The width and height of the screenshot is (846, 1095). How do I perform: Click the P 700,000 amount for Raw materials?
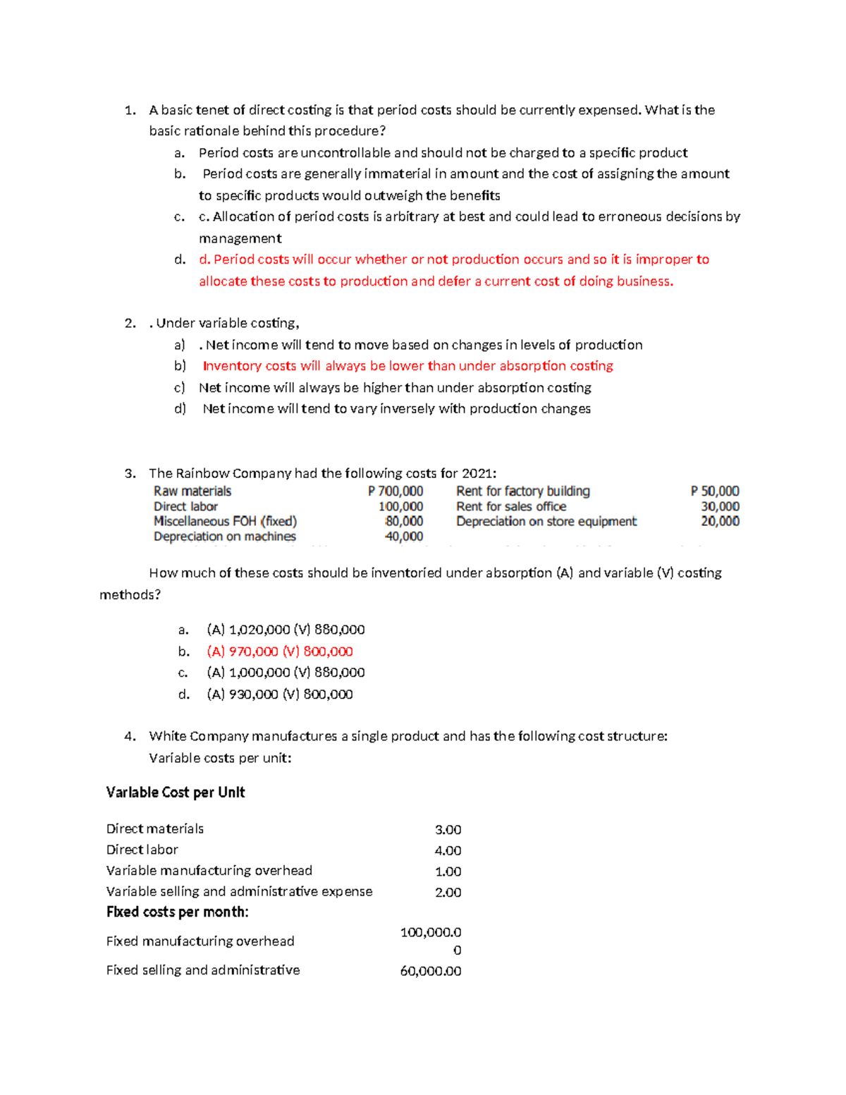coord(396,491)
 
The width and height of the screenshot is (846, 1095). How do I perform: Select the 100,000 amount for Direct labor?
coord(400,506)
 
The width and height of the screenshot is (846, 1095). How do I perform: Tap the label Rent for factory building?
coord(522,491)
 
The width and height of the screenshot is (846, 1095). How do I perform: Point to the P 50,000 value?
coord(715,491)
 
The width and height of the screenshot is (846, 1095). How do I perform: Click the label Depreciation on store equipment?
coord(546,521)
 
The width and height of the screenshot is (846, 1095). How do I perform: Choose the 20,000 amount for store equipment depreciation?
coord(720,521)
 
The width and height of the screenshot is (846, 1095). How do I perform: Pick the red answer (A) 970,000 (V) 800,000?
coord(279,652)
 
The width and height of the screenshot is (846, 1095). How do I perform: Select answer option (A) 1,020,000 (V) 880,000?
coord(286,630)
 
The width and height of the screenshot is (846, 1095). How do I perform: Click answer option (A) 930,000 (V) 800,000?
coord(279,695)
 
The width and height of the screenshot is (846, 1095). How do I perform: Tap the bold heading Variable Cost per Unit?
coord(176,793)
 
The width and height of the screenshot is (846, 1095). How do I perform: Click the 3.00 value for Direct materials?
coord(448,830)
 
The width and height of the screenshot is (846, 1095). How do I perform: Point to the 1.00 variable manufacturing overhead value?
coord(448,871)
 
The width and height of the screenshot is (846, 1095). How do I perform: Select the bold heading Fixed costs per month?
coord(177,912)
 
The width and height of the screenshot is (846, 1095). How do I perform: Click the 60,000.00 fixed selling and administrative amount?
coord(430,971)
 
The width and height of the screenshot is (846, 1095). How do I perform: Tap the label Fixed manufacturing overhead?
coord(200,941)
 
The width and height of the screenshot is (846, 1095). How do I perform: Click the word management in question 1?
coord(240,238)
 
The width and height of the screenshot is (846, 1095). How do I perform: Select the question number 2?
coord(130,324)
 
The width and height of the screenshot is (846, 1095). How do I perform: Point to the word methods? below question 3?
coord(130,595)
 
